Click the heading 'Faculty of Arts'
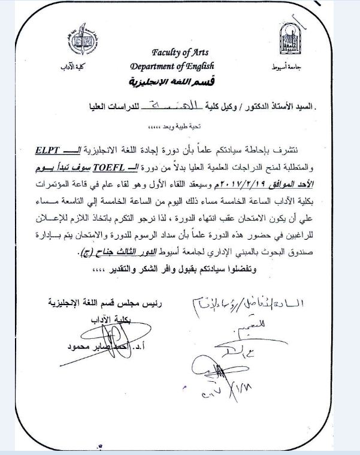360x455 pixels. pos(179,53)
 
